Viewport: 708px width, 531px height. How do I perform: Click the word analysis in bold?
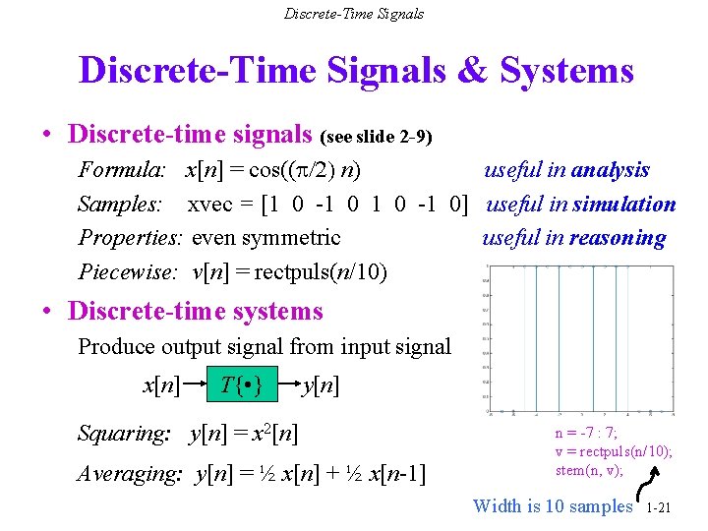tap(610, 170)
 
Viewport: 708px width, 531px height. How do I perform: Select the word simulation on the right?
tap(623, 205)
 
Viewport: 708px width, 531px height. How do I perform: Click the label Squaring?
tap(124, 433)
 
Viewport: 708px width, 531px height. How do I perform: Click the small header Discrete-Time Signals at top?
tap(354, 14)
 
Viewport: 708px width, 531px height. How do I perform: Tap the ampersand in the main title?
tap(472, 71)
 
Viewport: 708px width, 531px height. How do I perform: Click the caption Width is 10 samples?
tap(553, 506)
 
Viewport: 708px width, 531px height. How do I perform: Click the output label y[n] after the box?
tap(321, 385)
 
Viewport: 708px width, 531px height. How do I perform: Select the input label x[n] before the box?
tap(161, 385)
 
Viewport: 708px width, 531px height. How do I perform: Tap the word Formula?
tap(122, 170)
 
